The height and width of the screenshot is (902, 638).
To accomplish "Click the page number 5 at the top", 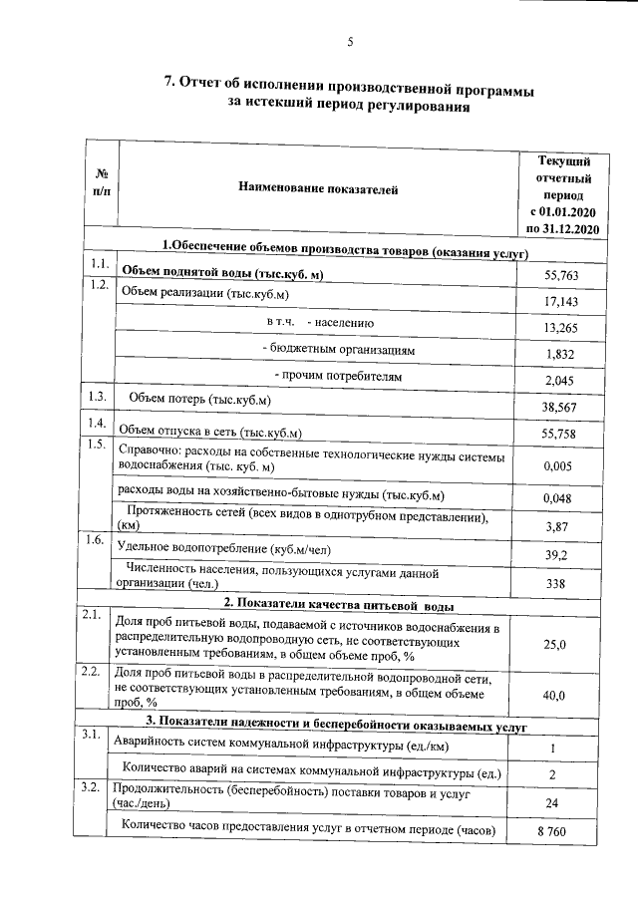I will [350, 41].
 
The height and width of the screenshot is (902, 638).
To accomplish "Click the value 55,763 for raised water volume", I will [560, 275].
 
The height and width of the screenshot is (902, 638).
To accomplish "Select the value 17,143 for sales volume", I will [560, 301].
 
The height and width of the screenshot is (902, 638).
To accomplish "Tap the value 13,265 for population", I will [560, 328].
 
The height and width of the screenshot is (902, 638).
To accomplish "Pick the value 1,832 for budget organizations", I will [560, 355].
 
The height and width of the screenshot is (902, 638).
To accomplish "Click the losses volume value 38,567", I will [560, 408].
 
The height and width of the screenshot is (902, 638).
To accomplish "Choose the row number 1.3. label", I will [98, 398].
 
